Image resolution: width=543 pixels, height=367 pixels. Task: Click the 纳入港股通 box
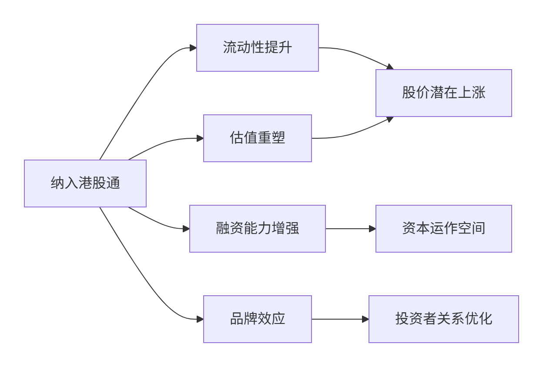tap(85, 183)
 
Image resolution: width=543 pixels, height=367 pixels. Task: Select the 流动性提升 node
tap(258, 48)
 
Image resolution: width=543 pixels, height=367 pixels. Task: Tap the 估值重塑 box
tap(258, 138)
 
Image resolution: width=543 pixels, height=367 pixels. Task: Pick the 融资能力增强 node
tap(258, 229)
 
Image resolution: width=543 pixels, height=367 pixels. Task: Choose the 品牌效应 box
tap(258, 319)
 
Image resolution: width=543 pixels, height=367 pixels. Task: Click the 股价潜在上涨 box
tap(444, 93)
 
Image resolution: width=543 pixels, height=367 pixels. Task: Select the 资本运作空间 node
tap(444, 229)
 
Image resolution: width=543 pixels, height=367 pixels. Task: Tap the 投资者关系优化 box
tap(444, 319)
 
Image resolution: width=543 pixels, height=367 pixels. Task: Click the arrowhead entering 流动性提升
tap(193, 48)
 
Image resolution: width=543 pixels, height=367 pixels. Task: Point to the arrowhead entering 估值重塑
tap(200, 138)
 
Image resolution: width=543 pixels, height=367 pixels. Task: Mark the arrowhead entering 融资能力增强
tap(186, 229)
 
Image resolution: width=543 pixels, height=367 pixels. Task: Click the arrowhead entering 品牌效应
tap(200, 319)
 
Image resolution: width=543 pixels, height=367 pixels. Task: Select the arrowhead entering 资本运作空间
tap(372, 229)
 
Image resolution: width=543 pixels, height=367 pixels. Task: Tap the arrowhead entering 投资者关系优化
tap(365, 319)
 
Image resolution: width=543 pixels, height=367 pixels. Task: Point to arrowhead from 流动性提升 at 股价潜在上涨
tap(390, 67)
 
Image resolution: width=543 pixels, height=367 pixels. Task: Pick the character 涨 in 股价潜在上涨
tap(479, 93)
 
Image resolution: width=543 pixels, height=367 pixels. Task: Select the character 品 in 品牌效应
tap(237, 319)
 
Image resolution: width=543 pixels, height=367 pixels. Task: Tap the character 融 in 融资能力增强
tap(223, 229)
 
